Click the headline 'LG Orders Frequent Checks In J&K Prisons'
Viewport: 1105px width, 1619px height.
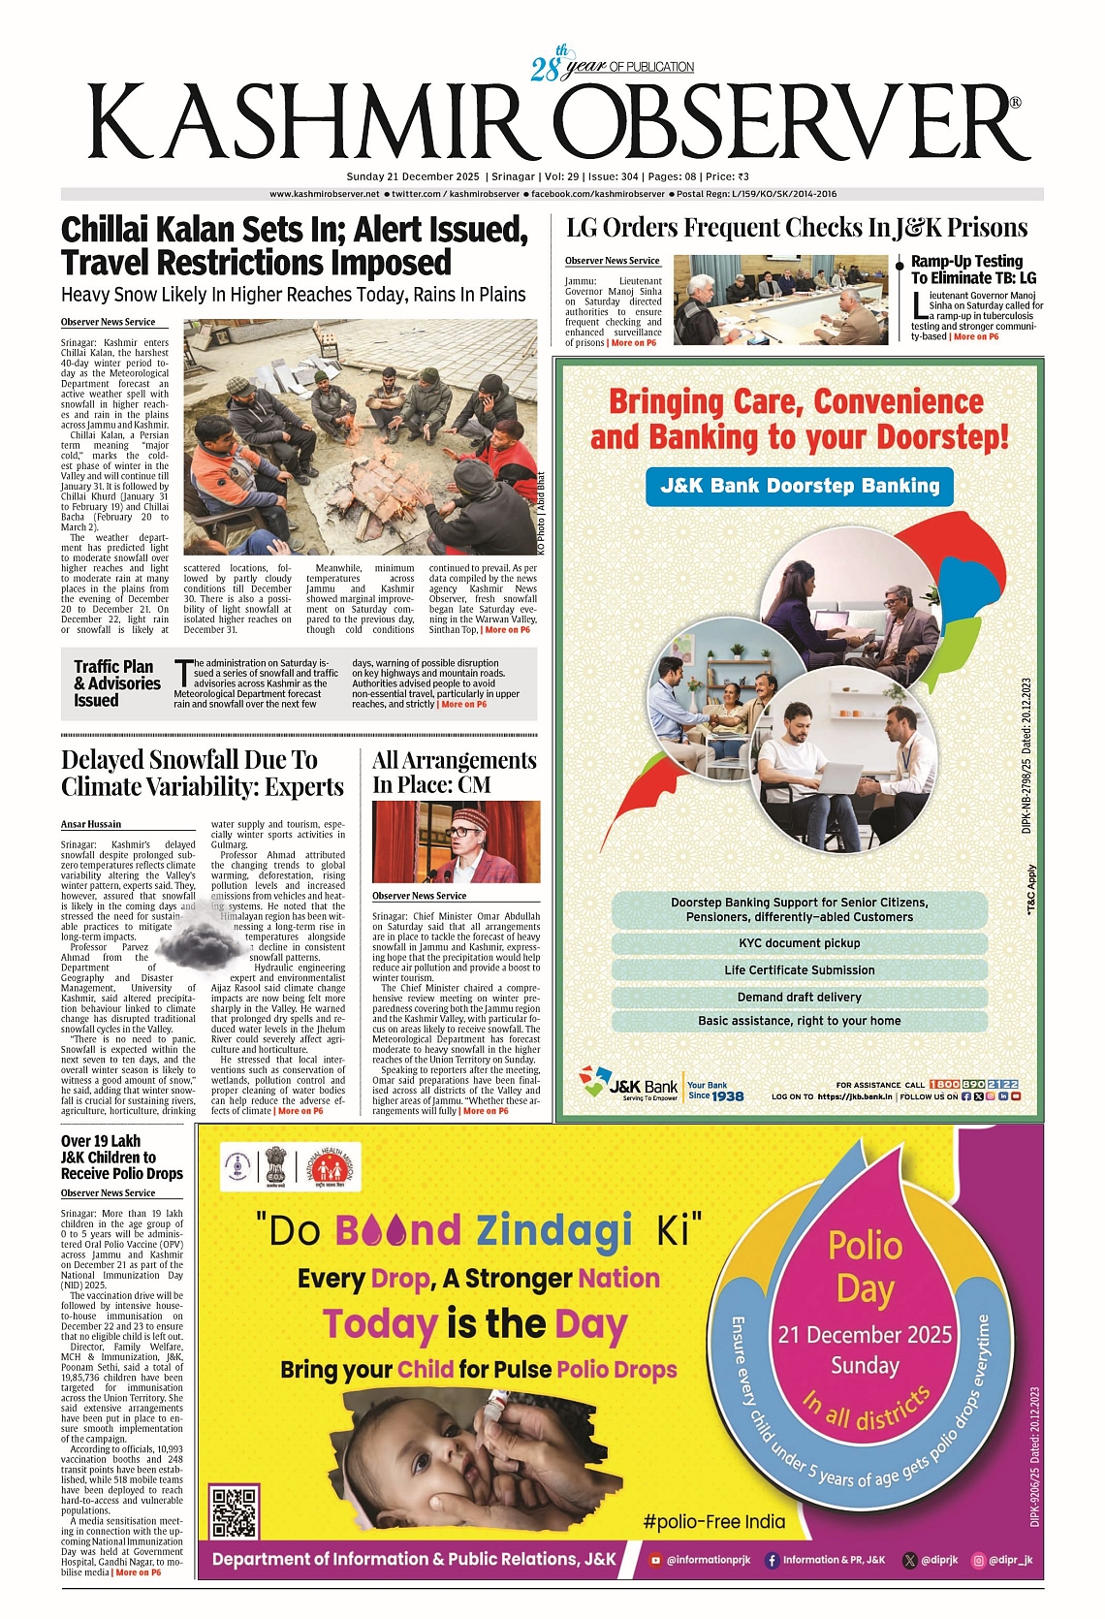click(797, 229)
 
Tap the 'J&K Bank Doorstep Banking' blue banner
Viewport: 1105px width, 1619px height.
click(800, 486)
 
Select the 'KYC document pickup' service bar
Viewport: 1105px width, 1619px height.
click(800, 943)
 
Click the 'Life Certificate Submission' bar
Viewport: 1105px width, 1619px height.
click(800, 969)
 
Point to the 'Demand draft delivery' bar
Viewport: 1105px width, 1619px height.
click(800, 997)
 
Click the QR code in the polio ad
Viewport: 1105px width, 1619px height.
click(235, 1511)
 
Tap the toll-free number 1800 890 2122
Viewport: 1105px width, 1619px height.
click(973, 1084)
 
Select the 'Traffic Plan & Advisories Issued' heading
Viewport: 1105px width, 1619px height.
click(116, 683)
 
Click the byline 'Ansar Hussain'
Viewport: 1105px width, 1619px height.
click(91, 824)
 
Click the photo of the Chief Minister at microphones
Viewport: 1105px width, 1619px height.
click(456, 841)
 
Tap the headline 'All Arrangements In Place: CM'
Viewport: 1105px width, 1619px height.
click(455, 773)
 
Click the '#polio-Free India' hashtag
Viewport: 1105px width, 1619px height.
click(714, 1521)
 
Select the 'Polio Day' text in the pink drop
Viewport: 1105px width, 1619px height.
click(865, 1266)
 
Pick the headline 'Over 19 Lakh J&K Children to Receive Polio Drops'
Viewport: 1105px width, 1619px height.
click(122, 1158)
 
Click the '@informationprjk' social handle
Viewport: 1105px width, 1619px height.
click(702, 1560)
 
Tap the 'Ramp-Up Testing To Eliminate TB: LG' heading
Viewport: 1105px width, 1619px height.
click(973, 270)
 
